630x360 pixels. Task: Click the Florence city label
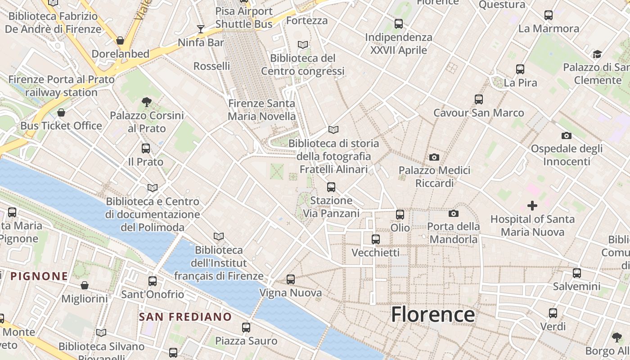pos(432,314)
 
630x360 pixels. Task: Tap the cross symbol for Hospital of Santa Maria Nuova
pos(532,206)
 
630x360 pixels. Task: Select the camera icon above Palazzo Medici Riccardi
pos(434,157)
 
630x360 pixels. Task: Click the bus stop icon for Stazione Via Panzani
pos(331,187)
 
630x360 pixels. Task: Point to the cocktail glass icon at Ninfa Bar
pos(201,29)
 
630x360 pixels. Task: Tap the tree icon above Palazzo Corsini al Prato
pos(146,102)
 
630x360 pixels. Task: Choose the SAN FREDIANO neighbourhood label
pos(185,317)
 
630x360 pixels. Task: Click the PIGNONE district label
pos(39,276)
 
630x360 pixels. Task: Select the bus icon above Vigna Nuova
pos(291,279)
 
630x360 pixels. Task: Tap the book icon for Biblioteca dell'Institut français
pos(219,236)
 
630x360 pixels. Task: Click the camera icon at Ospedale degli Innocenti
pos(567,135)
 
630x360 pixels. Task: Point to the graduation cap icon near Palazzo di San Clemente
pos(597,54)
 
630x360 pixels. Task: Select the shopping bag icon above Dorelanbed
pos(120,40)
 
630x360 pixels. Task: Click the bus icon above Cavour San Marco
pos(479,99)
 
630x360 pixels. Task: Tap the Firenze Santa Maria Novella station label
pos(261,110)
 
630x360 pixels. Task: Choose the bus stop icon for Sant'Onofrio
pos(153,281)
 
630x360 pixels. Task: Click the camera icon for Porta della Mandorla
pos(454,213)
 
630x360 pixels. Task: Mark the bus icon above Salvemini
pos(577,273)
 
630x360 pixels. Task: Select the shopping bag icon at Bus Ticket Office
pos(61,112)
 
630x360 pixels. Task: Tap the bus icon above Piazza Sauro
pos(246,328)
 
